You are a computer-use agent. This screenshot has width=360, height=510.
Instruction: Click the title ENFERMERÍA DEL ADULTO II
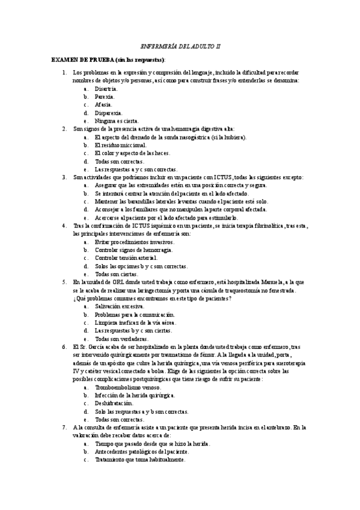(180, 45)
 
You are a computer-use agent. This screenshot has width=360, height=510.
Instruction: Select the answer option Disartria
(106, 88)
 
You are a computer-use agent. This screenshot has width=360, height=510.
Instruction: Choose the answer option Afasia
(103, 105)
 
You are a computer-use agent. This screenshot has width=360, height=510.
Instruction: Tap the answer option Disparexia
(109, 112)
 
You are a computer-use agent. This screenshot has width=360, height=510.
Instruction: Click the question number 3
(64, 177)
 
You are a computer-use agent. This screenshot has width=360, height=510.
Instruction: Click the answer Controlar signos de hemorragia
(134, 250)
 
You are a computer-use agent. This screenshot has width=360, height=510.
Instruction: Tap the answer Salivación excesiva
(119, 306)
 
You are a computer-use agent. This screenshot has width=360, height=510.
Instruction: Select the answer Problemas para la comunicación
(135, 315)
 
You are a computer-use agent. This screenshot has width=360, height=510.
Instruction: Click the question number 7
(64, 427)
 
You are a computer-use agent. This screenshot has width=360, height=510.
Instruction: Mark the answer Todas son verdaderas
(121, 339)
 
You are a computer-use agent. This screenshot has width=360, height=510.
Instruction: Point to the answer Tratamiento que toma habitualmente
(140, 459)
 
